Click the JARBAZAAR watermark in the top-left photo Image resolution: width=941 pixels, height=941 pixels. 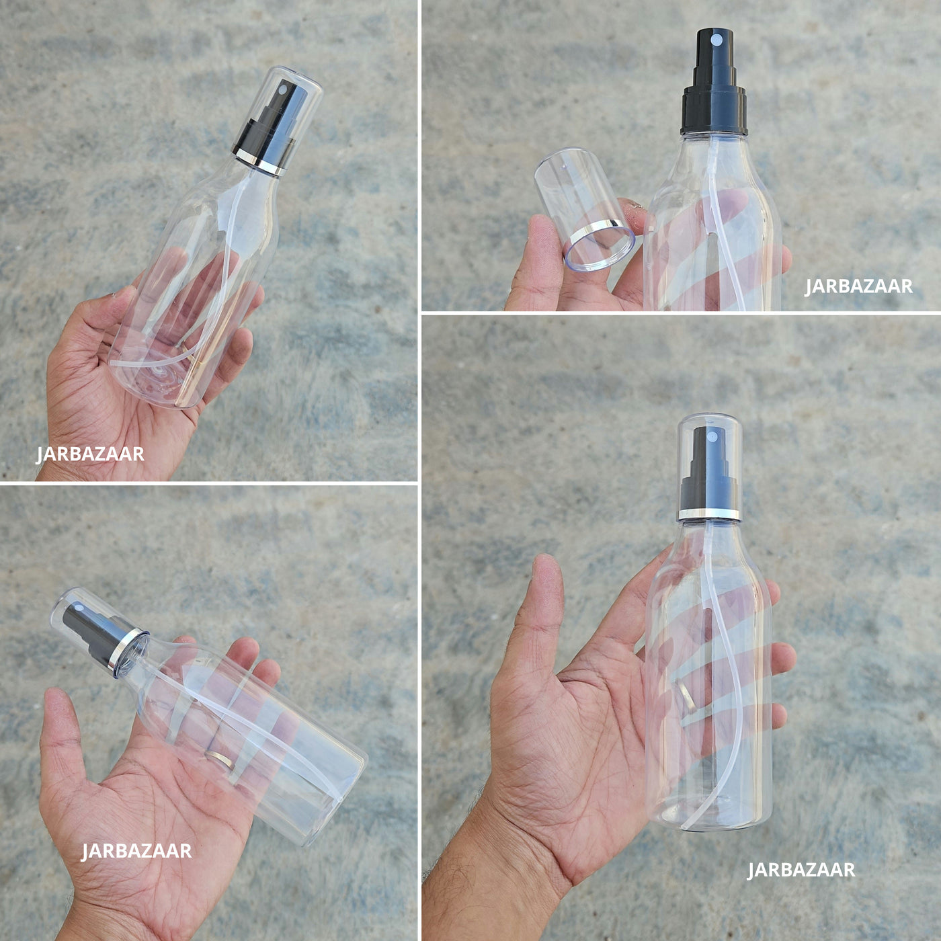tap(90, 454)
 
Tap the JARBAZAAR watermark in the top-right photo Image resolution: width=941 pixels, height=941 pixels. tap(858, 286)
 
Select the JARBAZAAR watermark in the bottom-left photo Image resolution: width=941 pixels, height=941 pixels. tap(136, 851)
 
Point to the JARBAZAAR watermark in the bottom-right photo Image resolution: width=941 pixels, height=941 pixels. tap(801, 870)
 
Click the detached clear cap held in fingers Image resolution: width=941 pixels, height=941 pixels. tap(583, 209)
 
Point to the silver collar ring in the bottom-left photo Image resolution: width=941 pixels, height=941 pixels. tap(128, 653)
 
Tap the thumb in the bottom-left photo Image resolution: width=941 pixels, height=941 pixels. tap(63, 733)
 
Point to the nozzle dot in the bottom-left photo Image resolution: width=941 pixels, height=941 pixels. tap(78, 608)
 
